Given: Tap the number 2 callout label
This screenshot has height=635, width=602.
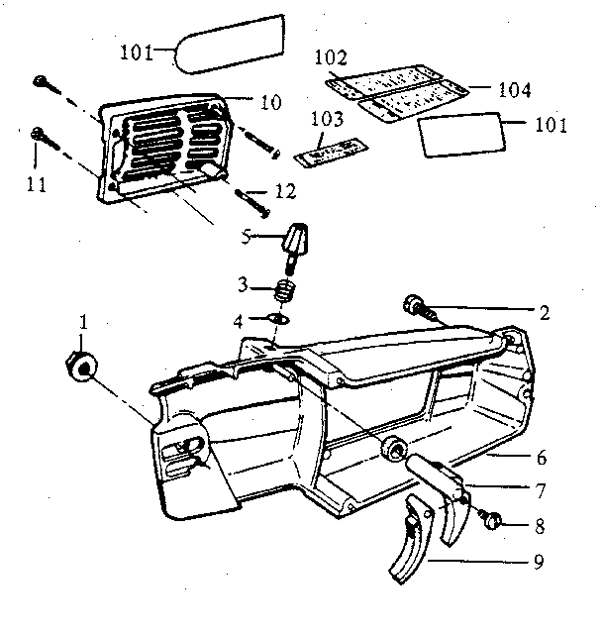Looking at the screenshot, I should point(545,310).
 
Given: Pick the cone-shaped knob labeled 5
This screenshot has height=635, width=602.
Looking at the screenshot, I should point(296,241).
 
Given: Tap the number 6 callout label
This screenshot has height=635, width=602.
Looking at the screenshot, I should point(541,459).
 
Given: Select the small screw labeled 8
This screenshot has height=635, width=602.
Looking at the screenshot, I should point(492,519).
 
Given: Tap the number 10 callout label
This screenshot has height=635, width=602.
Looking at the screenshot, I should point(270,101).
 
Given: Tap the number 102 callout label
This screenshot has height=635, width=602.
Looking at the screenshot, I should point(333,56).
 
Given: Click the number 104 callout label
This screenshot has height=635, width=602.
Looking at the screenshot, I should point(514,91).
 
